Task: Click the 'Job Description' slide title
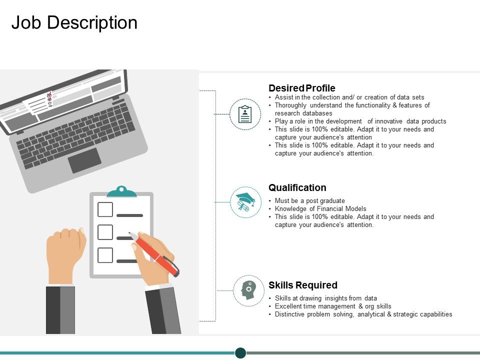coord(74,23)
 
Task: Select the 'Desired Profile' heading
coord(301,88)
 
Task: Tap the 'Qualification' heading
coord(297,187)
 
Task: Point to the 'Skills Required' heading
coord(302,285)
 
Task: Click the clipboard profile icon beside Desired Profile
coord(245,114)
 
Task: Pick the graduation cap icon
coord(245,202)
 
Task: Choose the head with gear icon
coord(248,290)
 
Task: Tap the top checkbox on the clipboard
coord(105,209)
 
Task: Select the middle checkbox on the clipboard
coord(105,232)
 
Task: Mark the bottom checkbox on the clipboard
coord(105,255)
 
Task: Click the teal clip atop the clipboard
coord(121,191)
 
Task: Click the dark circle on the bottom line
coord(240,352)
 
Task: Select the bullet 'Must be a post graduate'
coord(309,201)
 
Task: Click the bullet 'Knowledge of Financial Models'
coord(320,209)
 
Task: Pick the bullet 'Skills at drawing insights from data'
coord(325,298)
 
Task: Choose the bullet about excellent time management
coord(333,306)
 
